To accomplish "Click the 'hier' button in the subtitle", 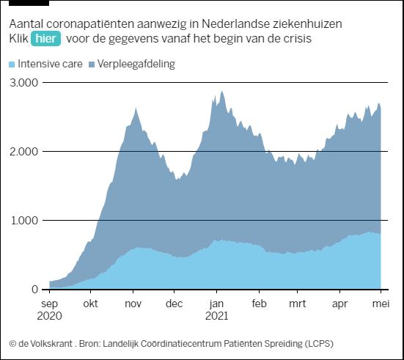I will coord(46,38).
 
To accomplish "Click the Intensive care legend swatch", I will coord(12,65).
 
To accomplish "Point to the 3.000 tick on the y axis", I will coord(23,83).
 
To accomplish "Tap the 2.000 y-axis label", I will coord(23,152).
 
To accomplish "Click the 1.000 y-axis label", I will coord(23,221).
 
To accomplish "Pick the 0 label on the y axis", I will coord(34,290).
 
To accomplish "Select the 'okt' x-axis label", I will coord(91,304).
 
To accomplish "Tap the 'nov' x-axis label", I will coord(133,304).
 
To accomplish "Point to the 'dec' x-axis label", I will coord(175,304).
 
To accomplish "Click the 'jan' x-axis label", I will coord(216,304).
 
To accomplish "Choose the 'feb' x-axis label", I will coord(259,304).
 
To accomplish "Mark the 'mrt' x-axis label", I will coord(298,304).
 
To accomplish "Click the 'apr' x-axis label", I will coord(339,304).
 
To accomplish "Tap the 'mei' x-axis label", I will coord(381,304).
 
